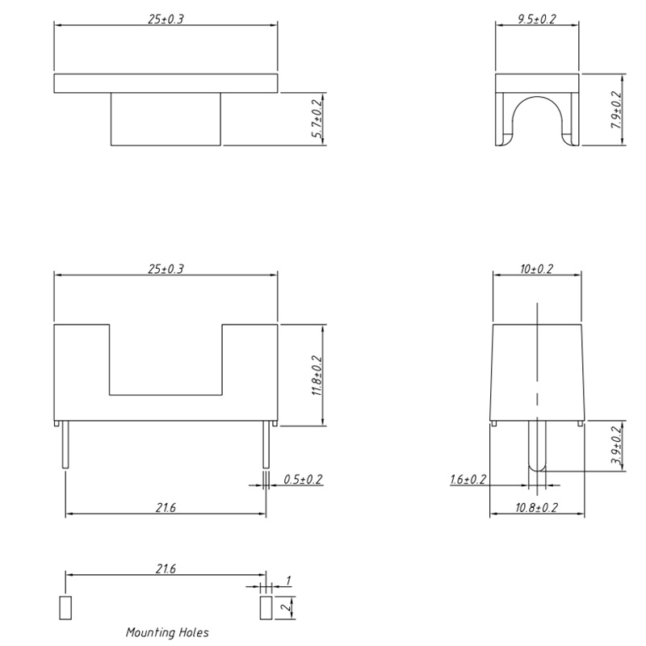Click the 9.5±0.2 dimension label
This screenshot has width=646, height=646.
coord(537,19)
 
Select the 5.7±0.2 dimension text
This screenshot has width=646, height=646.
coord(317,119)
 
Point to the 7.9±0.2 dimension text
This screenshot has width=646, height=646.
coord(616,110)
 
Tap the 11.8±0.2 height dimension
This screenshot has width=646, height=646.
coord(317,375)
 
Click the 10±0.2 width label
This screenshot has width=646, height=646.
coord(536,269)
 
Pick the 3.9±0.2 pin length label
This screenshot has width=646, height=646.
coord(616,445)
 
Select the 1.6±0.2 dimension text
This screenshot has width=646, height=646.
coord(468,480)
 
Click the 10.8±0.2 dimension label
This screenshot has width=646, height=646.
coord(536,508)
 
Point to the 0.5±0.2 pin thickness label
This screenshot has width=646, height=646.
coord(303,480)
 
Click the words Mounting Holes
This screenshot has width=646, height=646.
coord(167,632)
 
